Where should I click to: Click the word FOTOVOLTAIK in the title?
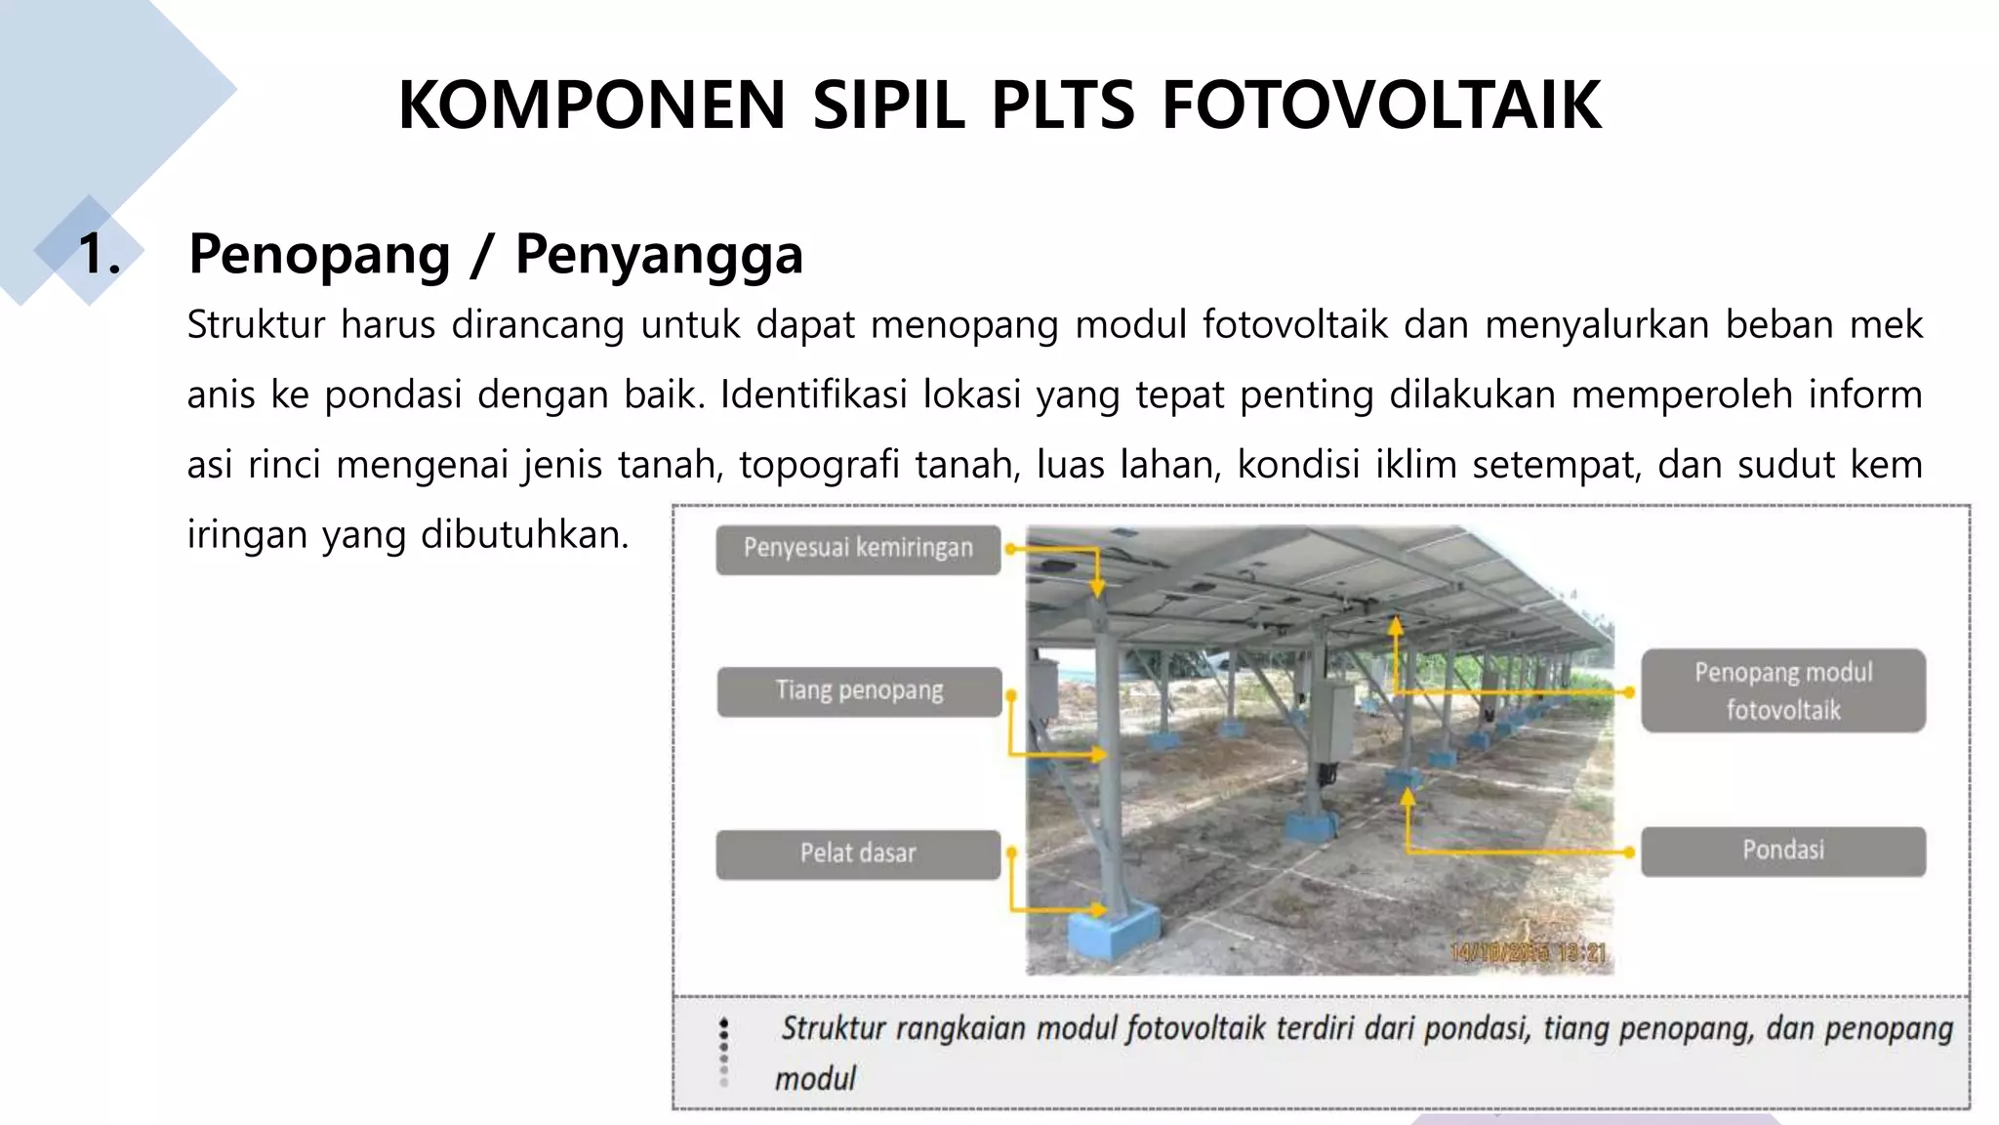1381,105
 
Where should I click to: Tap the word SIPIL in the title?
888,105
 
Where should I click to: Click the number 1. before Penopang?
100,255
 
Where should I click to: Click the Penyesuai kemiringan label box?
858,549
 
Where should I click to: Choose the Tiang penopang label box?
859,691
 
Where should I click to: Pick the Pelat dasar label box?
858,854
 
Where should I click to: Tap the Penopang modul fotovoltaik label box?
1782,690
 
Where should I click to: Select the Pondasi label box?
1782,851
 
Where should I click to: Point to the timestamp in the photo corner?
1528,952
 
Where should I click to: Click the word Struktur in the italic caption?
833,1028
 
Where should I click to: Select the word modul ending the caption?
815,1079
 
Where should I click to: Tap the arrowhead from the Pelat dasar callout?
1100,910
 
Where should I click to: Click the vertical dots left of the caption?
723,1052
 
